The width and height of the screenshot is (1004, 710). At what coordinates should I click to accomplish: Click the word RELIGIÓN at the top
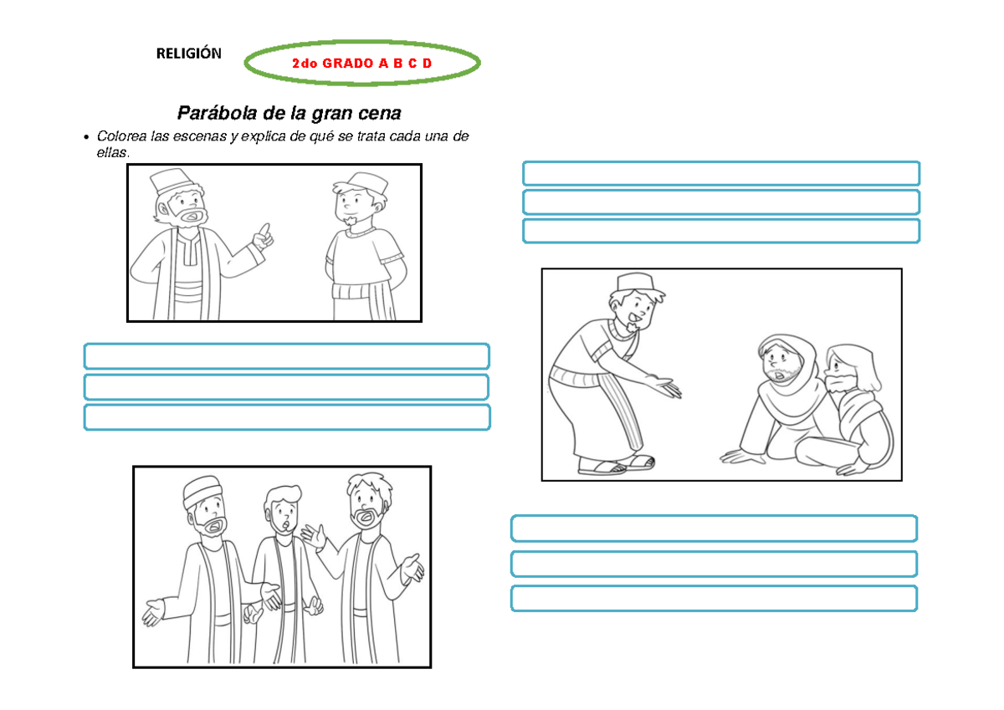(x=188, y=54)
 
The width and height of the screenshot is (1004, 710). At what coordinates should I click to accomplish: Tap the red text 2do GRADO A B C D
(x=361, y=63)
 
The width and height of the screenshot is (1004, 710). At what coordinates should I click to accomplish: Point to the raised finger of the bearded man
(x=265, y=227)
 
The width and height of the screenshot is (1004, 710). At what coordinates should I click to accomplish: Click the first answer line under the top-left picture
(x=286, y=356)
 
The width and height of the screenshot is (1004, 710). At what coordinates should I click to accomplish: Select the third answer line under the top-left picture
(x=286, y=417)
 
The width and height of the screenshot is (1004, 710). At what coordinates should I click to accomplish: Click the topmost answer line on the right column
(x=720, y=173)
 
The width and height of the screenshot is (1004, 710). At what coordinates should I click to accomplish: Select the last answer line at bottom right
(x=714, y=599)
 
